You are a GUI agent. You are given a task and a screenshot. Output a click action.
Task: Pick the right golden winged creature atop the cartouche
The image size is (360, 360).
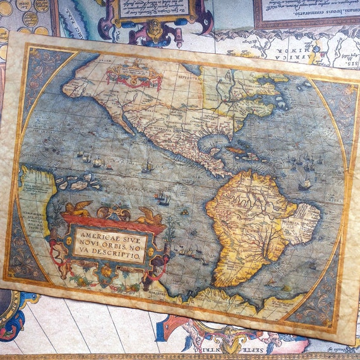pos(151,217)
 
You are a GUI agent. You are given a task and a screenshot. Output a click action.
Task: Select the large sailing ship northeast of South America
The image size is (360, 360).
pos(305,184)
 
